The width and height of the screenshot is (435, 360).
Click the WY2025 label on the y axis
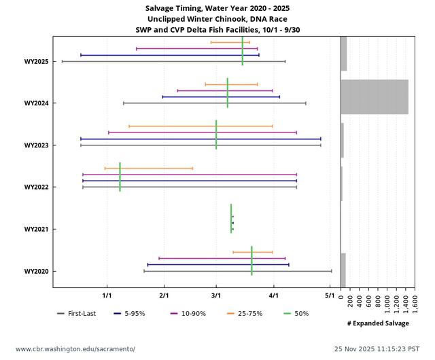pyautogui.click(x=35, y=62)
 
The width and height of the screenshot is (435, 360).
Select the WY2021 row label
pyautogui.click(x=35, y=230)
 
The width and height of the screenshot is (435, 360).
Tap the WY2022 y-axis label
pyautogui.click(x=35, y=187)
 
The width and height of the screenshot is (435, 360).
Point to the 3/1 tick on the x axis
pyautogui.click(x=216, y=296)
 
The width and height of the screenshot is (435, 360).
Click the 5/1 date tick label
pyautogui.click(x=330, y=296)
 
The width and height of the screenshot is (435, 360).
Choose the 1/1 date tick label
pyautogui.click(x=107, y=296)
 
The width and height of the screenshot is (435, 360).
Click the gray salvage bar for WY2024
pyautogui.click(x=374, y=96)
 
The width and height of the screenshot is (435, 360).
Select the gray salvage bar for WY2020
pyautogui.click(x=343, y=270)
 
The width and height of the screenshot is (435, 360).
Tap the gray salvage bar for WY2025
pyautogui.click(x=344, y=54)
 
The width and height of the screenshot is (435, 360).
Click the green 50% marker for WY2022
pyautogui.click(x=120, y=177)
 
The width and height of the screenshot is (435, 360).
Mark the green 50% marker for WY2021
pyautogui.click(x=231, y=219)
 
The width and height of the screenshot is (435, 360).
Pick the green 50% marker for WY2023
pyautogui.click(x=216, y=134)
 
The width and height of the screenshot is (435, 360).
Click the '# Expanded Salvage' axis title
pyautogui.click(x=378, y=323)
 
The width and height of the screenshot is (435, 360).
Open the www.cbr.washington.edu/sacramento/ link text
pyautogui.click(x=75, y=349)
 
